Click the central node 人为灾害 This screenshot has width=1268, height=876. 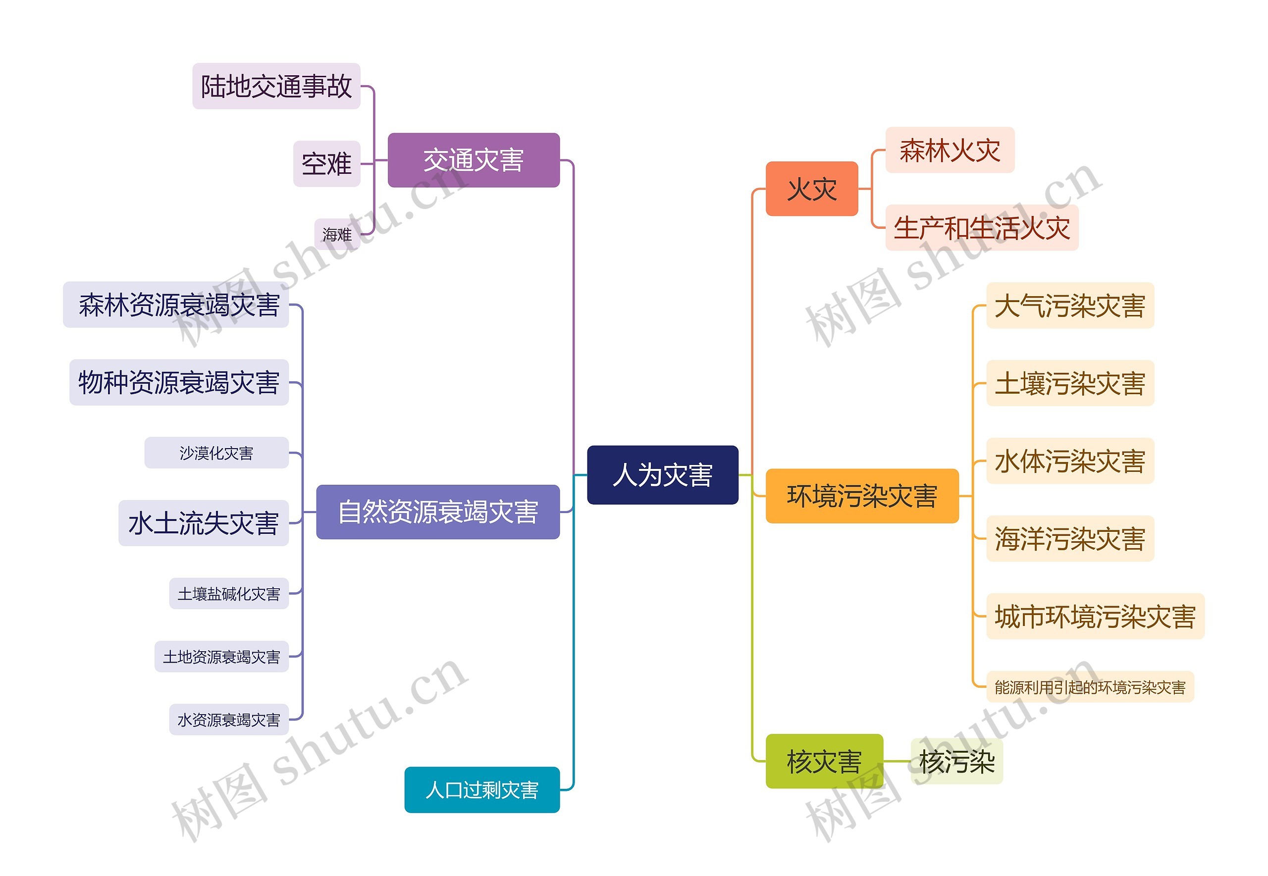point(662,475)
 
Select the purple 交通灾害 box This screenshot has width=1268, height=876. point(473,160)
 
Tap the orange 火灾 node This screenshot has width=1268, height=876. point(811,189)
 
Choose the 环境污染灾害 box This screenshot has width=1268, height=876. point(861,496)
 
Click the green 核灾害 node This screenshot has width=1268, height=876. point(824,761)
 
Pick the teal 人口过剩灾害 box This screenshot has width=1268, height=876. point(481,790)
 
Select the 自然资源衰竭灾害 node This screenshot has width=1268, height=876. point(437,512)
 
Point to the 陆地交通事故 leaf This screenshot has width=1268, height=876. point(276,86)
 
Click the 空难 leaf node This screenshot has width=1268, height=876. point(326,163)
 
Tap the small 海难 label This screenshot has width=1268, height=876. point(337,234)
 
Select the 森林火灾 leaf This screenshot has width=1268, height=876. point(950,150)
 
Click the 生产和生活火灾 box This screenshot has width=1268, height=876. point(982,228)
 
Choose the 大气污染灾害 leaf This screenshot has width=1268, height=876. point(1069,306)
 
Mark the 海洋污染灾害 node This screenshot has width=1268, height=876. point(1069,538)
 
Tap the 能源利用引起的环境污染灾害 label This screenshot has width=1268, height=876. point(1090,687)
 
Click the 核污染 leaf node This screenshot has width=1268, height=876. point(957,761)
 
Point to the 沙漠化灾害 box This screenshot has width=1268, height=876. point(216,453)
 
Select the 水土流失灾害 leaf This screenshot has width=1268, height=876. point(203,523)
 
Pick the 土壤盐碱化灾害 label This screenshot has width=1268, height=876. point(228,593)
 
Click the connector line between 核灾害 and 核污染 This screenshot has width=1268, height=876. point(897,761)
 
